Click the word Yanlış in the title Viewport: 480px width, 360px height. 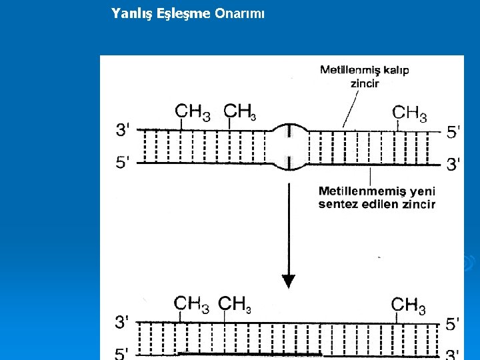(x=133, y=13)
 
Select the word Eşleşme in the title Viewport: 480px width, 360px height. (x=184, y=13)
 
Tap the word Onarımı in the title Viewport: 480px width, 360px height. (x=239, y=13)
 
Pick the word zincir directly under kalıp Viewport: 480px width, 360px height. (x=365, y=83)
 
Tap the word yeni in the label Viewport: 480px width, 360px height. (x=422, y=191)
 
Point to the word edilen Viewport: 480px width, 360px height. (x=379, y=204)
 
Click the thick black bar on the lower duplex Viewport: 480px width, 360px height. (x=250, y=353)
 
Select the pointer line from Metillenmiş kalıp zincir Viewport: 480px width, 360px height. (x=349, y=109)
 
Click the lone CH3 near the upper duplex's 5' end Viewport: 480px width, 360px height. (x=410, y=113)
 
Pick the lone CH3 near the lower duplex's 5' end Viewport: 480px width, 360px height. (x=409, y=305)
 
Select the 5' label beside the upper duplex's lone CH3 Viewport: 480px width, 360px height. (x=453, y=132)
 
